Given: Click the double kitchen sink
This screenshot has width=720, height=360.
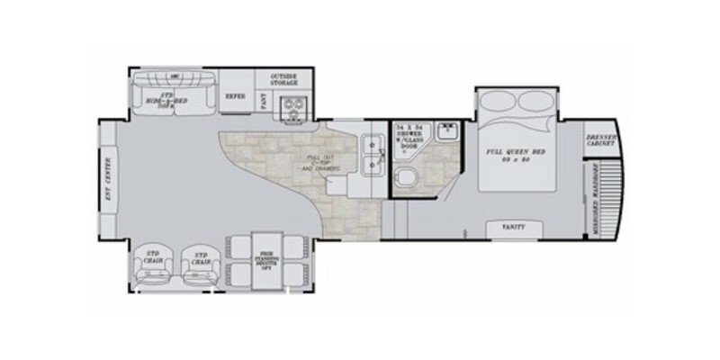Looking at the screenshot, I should coord(370,153).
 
